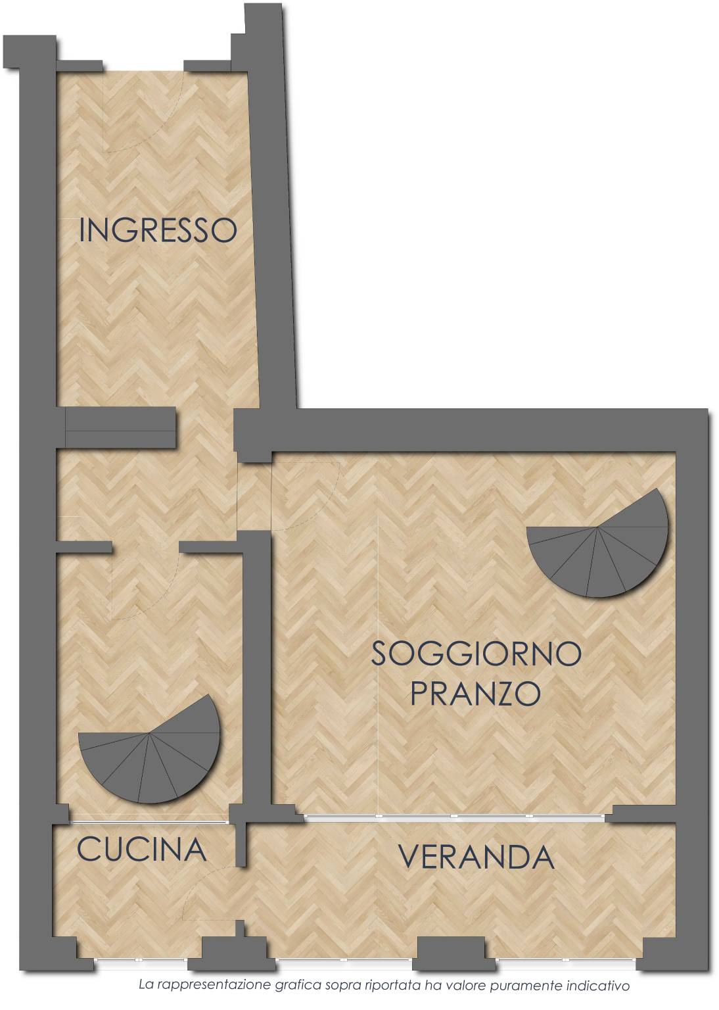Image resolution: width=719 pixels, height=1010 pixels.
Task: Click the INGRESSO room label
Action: pyautogui.click(x=158, y=230)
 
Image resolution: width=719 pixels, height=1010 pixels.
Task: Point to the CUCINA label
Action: pyautogui.click(x=141, y=850)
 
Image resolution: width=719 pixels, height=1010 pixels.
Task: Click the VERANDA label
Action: pyautogui.click(x=476, y=857)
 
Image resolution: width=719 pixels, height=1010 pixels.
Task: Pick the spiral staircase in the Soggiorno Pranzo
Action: pyautogui.click(x=597, y=543)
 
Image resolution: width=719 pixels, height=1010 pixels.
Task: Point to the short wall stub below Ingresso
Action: pyautogui.click(x=120, y=427)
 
